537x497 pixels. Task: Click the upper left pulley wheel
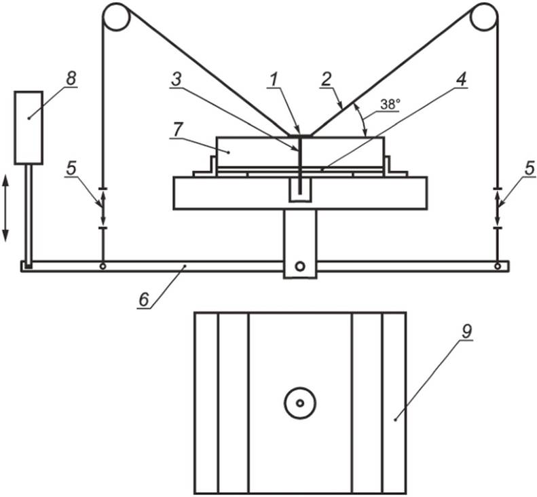click(x=116, y=17)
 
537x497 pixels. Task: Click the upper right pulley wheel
click(x=484, y=17)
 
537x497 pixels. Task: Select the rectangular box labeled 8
click(x=29, y=127)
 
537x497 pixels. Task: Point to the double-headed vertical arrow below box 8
click(x=6, y=206)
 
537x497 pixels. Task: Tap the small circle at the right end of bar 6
click(x=498, y=265)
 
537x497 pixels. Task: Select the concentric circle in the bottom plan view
click(x=299, y=403)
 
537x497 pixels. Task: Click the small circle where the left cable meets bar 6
click(x=103, y=265)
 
